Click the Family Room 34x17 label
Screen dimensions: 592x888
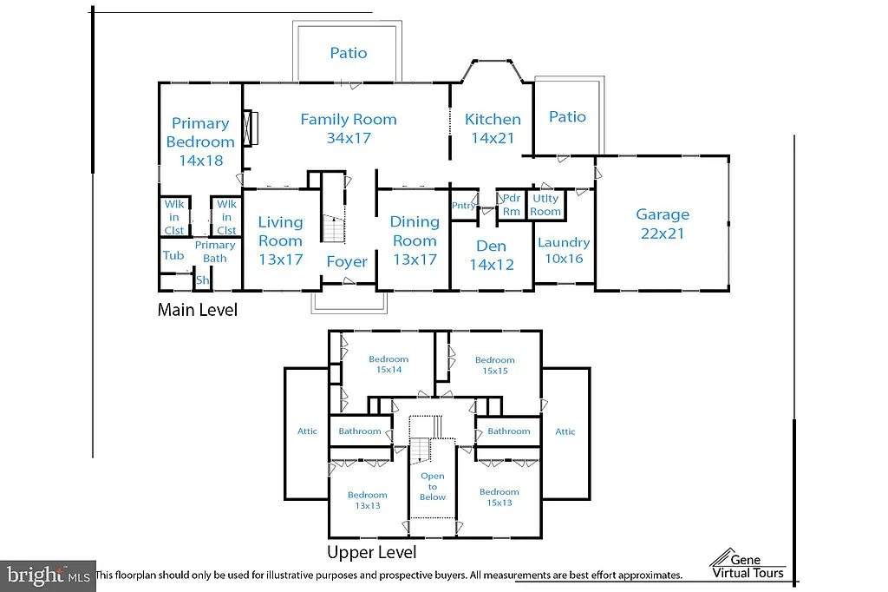click(x=349, y=128)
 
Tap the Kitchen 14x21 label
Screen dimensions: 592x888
click(x=493, y=128)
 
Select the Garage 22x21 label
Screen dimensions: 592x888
click(x=663, y=223)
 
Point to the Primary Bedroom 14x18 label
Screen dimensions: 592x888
click(x=200, y=141)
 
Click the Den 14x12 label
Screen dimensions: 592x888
click(x=492, y=256)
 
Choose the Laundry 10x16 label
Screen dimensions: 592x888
click(x=564, y=250)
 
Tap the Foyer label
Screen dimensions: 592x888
click(x=347, y=261)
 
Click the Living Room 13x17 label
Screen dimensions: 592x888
click(x=280, y=240)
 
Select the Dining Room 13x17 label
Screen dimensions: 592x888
click(x=414, y=240)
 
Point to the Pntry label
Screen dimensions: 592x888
click(x=464, y=206)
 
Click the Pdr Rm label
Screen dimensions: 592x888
click(x=512, y=204)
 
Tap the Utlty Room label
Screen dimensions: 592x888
click(x=545, y=205)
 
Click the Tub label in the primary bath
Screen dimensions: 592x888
click(x=173, y=255)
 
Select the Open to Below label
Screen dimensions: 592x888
click(x=433, y=486)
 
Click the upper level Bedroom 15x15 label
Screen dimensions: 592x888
click(x=495, y=365)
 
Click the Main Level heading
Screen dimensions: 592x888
click(x=197, y=309)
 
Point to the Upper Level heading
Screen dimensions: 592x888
click(x=371, y=552)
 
